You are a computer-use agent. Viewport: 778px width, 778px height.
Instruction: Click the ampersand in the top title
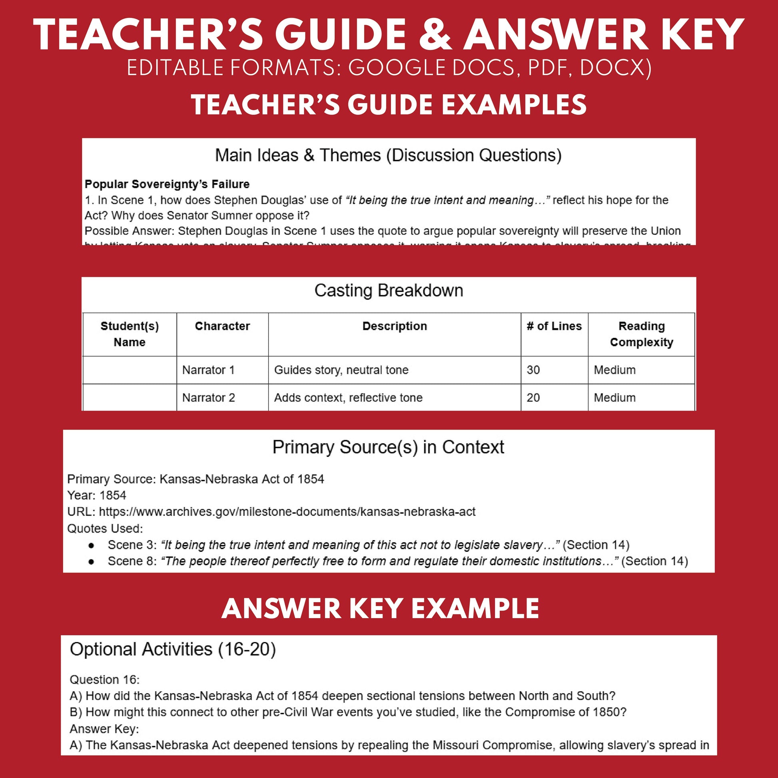pos(435,35)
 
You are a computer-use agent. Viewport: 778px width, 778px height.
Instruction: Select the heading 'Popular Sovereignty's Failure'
pos(167,184)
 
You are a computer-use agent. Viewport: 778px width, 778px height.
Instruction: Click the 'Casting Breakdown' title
pos(389,290)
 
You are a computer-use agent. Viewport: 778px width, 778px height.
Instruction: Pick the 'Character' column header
pos(222,326)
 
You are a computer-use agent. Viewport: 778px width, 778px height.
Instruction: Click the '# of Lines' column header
pos(554,326)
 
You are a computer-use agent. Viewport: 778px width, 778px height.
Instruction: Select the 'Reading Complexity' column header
pos(641,334)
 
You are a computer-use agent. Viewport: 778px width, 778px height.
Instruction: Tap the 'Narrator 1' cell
pos(208,370)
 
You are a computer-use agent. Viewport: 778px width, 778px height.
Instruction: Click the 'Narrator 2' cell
pos(208,397)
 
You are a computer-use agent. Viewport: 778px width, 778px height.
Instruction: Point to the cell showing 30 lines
pos(533,370)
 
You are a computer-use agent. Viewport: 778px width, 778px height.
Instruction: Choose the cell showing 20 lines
pos(533,397)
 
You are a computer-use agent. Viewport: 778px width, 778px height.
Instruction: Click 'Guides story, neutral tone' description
pos(341,370)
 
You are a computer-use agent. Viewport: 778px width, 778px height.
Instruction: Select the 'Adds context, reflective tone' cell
pos(348,397)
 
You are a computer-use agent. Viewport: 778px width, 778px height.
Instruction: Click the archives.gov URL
pos(287,511)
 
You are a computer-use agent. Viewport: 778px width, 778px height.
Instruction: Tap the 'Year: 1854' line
pos(97,495)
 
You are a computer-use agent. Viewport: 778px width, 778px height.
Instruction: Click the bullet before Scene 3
pos(92,545)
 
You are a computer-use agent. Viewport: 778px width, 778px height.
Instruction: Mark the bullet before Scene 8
pos(92,561)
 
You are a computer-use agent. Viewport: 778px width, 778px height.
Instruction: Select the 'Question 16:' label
pos(104,680)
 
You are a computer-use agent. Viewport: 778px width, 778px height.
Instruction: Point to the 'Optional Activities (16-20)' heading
pos(173,649)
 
